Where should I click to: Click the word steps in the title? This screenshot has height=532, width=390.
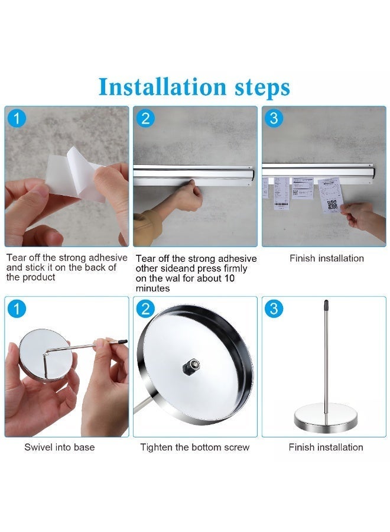[x=262, y=88]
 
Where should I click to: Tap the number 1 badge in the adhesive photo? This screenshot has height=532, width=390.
[x=17, y=118]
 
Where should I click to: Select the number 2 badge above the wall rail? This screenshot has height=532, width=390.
[x=145, y=118]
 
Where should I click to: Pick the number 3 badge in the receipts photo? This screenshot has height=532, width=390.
[x=274, y=118]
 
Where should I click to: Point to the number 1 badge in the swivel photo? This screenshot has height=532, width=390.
[x=17, y=309]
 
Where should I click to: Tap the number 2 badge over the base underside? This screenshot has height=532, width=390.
[x=145, y=309]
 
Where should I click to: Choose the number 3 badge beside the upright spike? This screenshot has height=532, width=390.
[x=274, y=309]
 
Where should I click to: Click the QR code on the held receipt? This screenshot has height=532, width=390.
[x=332, y=205]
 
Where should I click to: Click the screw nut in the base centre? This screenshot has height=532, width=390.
[x=191, y=366]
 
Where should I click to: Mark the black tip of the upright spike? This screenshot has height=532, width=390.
[x=326, y=305]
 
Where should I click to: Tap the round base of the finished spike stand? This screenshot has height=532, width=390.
[x=326, y=417]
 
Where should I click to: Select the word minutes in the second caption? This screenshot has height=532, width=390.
[x=152, y=288]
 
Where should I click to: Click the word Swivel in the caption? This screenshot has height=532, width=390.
[x=38, y=447]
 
